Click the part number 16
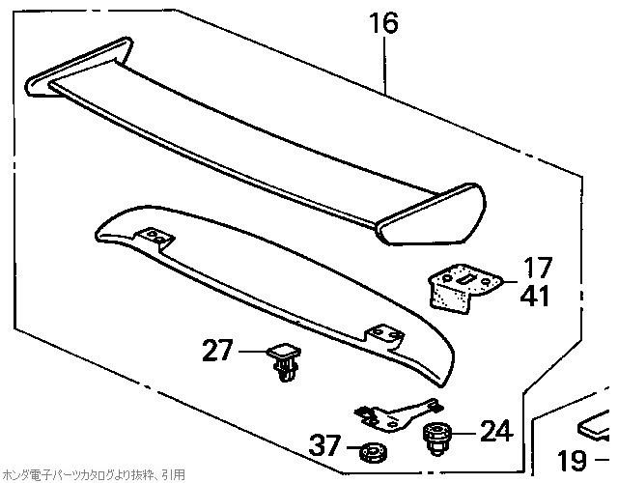383,23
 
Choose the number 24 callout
495,430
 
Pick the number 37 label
326,447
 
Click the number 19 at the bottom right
574,461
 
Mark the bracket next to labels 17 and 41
462,287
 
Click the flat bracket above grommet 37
394,414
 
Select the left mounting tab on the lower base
154,236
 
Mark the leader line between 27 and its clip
250,352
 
